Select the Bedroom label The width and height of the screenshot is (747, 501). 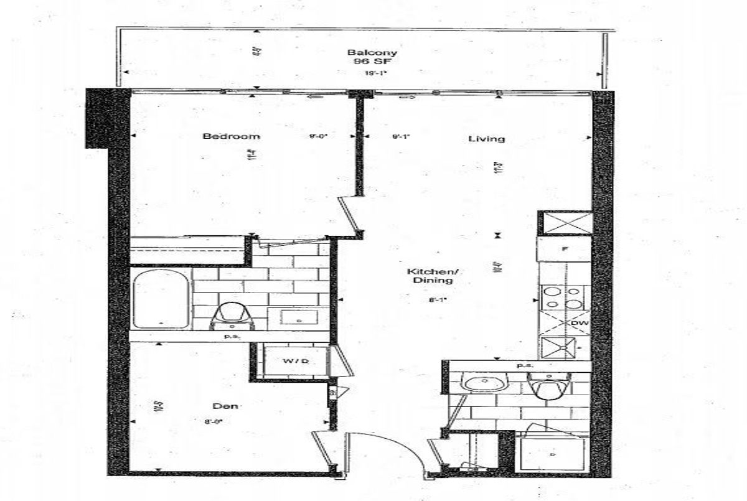222,136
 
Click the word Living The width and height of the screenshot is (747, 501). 486,139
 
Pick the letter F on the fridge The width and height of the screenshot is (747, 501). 563,249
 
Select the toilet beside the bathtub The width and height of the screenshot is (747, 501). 232,314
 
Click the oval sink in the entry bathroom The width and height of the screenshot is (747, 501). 482,383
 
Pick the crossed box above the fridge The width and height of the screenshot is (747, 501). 563,222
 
